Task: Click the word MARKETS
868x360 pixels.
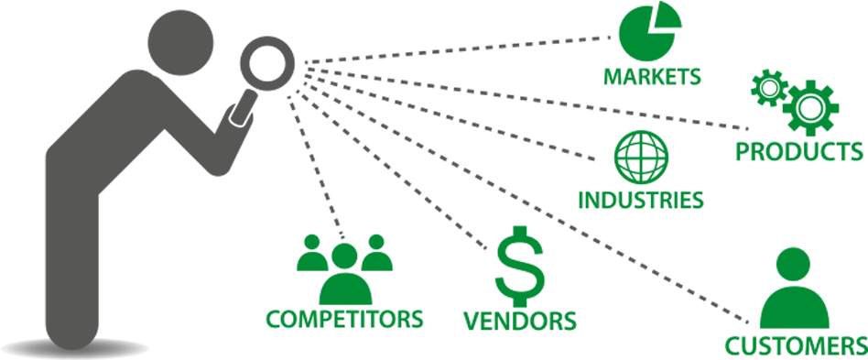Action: [x=652, y=76]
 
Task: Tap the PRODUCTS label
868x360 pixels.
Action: [x=799, y=151]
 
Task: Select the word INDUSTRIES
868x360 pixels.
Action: [x=641, y=199]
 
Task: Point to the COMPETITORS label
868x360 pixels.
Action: [x=344, y=319]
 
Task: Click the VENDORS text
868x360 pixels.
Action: [x=519, y=321]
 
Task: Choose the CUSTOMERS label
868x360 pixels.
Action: [x=795, y=346]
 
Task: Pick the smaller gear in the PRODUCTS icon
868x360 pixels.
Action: [x=768, y=88]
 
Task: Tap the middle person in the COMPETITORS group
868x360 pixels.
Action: [x=345, y=275]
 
